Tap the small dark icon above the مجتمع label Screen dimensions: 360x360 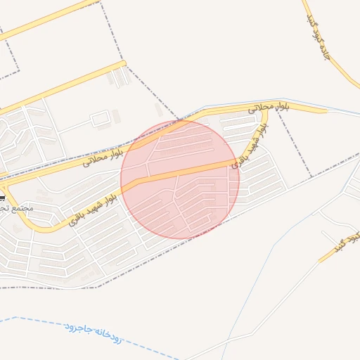[2, 199]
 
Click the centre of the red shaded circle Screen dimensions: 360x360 [180, 179]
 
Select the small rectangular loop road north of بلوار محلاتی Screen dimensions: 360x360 [101, 118]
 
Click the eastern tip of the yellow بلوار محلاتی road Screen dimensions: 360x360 [325, 110]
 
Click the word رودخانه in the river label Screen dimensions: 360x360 [108, 338]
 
